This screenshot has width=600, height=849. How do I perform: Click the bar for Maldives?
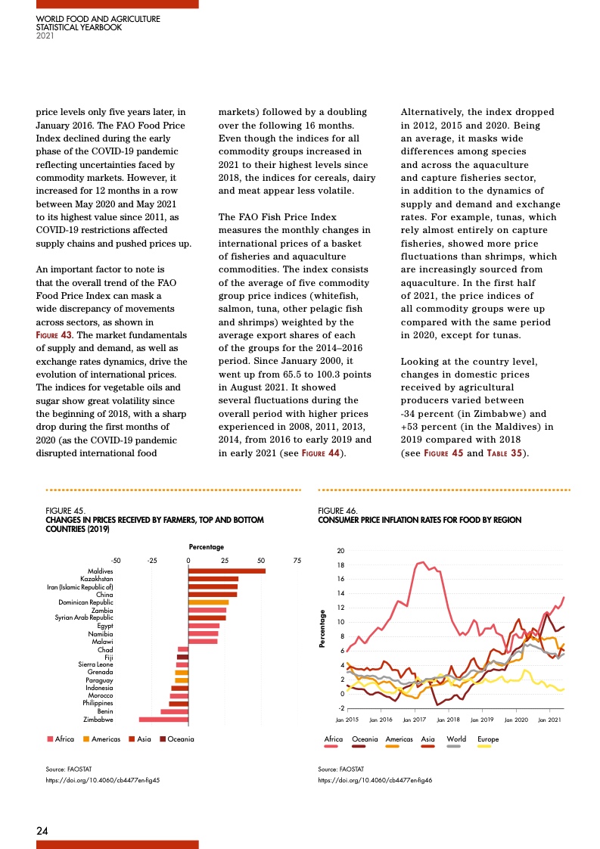pos(226,571)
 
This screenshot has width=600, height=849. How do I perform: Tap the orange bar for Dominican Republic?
pos(208,602)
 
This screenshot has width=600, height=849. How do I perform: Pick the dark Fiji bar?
pos(182,657)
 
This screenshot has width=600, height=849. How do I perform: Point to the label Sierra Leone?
pos(96,664)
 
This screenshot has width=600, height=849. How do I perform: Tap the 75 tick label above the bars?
pos(297,560)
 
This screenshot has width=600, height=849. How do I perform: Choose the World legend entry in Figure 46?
pos(456,739)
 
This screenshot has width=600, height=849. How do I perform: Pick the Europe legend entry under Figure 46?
pos(488,739)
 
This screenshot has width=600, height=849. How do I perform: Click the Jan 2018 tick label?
pos(449,719)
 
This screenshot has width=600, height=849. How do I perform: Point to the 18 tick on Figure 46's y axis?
pos(340,564)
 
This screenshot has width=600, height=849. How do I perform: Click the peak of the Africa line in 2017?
pos(422,562)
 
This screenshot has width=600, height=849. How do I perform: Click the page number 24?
pos(43,831)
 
